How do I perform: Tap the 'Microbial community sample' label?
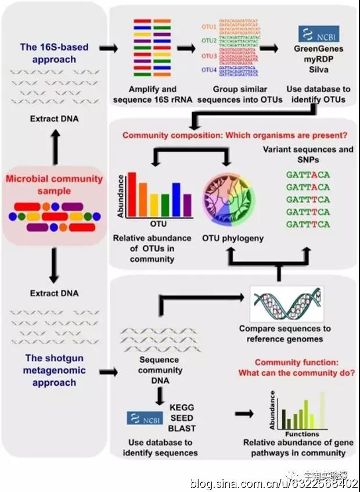(54, 184)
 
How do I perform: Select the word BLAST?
(181, 429)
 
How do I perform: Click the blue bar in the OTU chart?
(177, 199)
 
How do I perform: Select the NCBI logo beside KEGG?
(145, 418)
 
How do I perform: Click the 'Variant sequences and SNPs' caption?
(308, 155)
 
